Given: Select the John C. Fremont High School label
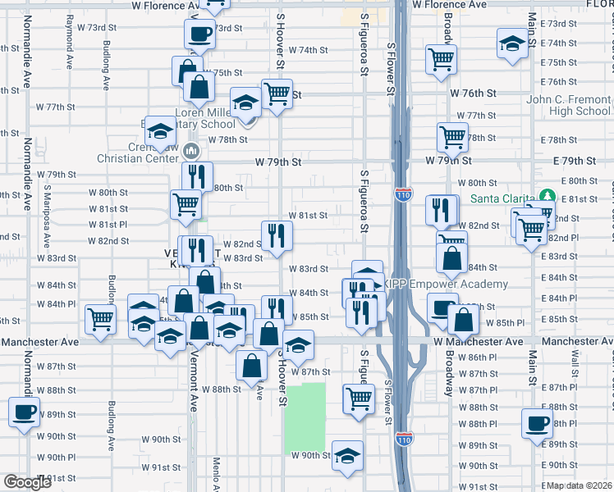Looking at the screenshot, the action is tap(568, 105).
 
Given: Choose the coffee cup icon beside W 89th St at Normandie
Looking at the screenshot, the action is tap(23, 410).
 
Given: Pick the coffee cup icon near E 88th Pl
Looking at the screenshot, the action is tap(538, 423).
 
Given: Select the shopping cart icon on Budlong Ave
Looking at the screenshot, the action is tap(101, 318).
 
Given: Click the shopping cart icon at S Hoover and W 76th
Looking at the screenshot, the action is tap(277, 93).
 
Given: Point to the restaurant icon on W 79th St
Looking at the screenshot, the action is tap(197, 175).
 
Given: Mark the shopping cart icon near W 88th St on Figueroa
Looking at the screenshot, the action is tap(359, 398).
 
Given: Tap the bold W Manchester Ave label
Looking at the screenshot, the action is tap(479, 341).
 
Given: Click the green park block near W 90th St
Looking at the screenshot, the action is tap(305, 418).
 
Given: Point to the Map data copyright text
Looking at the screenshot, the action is tap(579, 485).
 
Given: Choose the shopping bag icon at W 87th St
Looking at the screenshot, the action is tap(251, 366).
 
